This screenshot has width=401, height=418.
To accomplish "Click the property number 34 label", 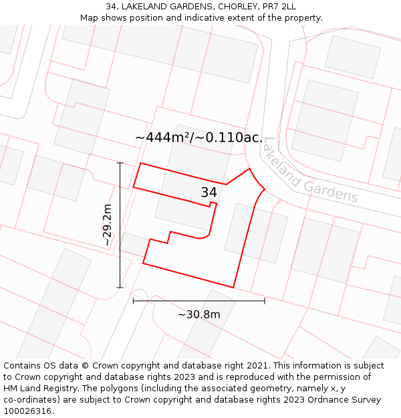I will (x=209, y=193).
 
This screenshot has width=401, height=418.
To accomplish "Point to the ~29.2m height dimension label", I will (x=107, y=225).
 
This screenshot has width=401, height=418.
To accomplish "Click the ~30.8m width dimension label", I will (x=198, y=314).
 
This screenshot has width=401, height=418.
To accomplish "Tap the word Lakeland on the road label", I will (x=280, y=161).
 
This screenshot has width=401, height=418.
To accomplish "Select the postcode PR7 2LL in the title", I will (x=278, y=7).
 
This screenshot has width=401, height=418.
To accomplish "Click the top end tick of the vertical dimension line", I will (x=120, y=163).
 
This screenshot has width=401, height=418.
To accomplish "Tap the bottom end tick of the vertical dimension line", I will (x=120, y=288).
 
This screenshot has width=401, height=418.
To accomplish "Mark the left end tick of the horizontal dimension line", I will (x=133, y=301).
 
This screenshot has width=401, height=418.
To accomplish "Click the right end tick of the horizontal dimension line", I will (x=265, y=301).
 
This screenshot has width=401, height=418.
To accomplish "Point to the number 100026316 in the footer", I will (x=27, y=411).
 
